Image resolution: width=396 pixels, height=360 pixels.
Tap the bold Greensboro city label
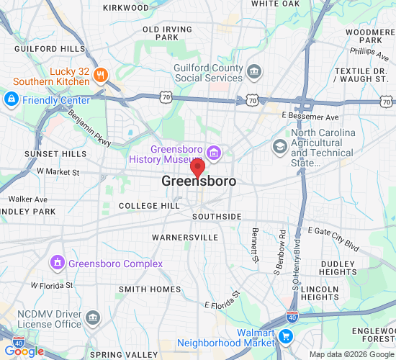(198, 181)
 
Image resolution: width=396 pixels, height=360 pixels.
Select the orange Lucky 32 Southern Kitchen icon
(101, 73)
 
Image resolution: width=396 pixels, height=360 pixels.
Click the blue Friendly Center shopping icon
(12, 99)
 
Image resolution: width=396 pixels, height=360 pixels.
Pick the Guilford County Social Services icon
(253, 71)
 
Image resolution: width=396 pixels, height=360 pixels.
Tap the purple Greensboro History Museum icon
(213, 153)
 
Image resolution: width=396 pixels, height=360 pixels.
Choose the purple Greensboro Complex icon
(57, 264)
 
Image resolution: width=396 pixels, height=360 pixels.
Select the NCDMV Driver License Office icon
(93, 318)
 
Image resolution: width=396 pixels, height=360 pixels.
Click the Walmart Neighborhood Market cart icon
(286, 336)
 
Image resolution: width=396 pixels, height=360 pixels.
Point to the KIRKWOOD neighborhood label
(125, 7)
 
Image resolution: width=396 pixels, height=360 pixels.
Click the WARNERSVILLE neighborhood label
(185, 237)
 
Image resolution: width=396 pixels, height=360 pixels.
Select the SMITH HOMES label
(150, 289)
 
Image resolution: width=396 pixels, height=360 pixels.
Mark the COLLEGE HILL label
(149, 206)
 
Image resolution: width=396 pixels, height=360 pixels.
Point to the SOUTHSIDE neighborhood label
(217, 217)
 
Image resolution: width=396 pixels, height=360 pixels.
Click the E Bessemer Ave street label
(310, 116)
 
